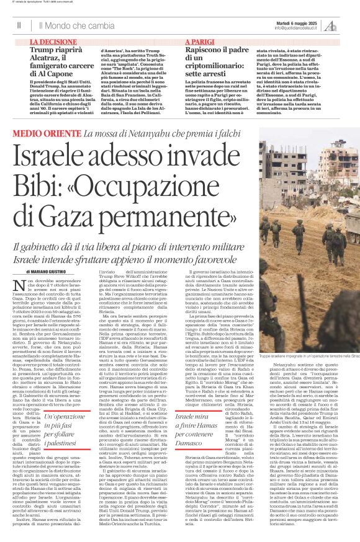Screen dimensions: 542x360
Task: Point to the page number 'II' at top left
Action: [19, 25]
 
